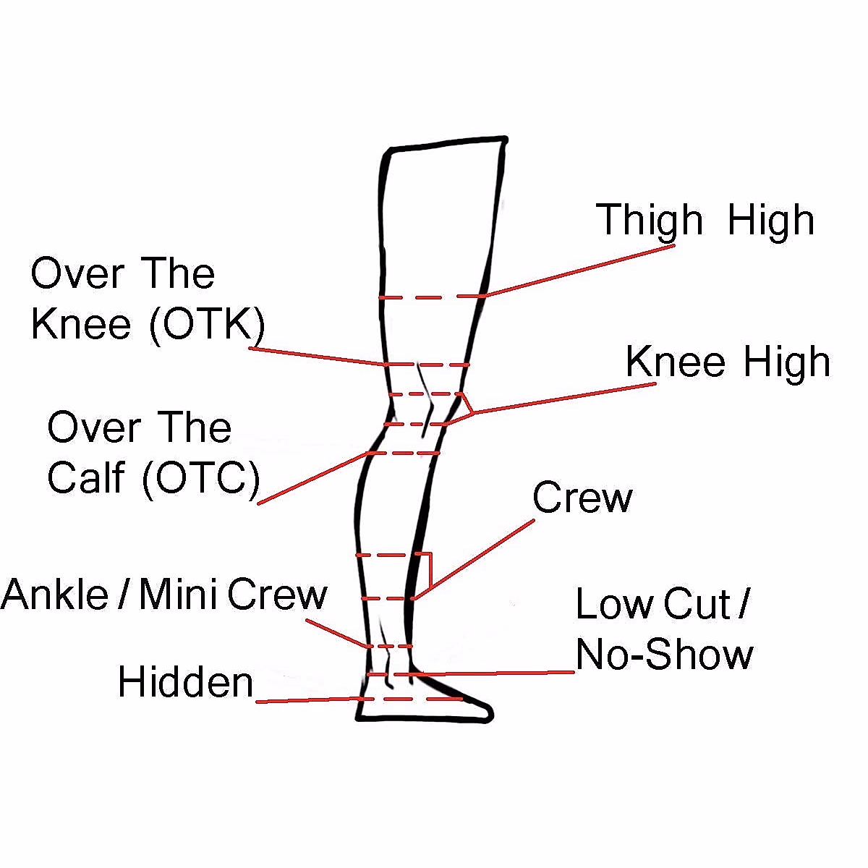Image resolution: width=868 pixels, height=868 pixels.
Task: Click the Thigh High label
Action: [x=705, y=220]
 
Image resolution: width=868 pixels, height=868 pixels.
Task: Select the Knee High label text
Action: [x=727, y=362]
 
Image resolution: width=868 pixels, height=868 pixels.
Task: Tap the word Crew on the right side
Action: [x=582, y=498]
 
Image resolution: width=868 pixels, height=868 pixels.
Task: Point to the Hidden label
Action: [x=185, y=682]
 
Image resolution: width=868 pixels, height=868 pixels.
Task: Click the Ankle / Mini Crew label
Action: [x=163, y=595]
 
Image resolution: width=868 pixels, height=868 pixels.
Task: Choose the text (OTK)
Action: [x=207, y=325]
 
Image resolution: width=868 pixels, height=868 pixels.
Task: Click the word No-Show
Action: [x=664, y=655]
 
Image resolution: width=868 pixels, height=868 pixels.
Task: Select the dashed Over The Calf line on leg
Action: [x=405, y=453]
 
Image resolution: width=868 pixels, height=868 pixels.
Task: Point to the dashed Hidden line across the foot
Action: [x=412, y=699]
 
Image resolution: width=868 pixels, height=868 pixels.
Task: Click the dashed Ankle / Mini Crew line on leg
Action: [x=391, y=645]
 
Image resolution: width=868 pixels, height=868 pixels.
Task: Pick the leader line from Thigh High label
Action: [x=579, y=271]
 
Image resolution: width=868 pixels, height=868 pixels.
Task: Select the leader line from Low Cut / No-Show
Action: [x=492, y=673]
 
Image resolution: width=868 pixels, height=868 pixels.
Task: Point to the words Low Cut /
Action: [x=662, y=604]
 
